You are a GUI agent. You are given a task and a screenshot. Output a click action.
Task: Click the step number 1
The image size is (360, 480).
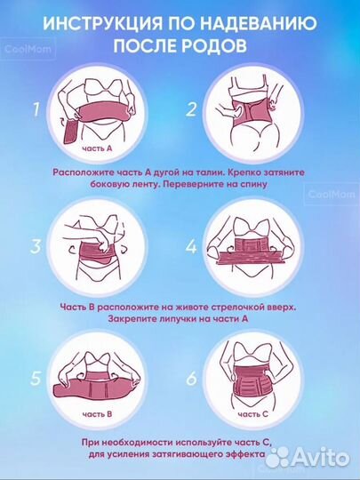point(36,109)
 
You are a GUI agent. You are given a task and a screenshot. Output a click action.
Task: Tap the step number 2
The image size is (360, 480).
point(191,109)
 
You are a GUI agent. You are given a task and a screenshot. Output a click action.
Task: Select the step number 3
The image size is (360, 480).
point(36,246)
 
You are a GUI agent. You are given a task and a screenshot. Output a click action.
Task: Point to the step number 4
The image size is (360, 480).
point(192,247)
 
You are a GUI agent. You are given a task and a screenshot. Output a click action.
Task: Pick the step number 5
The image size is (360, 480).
point(36,379)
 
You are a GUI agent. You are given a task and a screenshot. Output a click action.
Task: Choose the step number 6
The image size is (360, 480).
point(192,379)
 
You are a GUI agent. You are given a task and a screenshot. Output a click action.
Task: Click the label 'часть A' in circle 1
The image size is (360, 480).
point(97,148)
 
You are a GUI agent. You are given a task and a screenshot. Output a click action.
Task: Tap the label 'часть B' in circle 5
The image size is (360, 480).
point(97,414)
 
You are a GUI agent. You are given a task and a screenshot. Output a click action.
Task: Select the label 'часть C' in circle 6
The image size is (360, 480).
point(252,414)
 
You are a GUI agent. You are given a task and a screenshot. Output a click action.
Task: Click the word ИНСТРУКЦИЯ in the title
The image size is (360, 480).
point(102,24)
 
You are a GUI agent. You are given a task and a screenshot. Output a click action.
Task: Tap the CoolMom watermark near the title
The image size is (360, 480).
point(28,48)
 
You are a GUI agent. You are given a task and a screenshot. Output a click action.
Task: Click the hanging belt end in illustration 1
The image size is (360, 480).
point(71,132)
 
